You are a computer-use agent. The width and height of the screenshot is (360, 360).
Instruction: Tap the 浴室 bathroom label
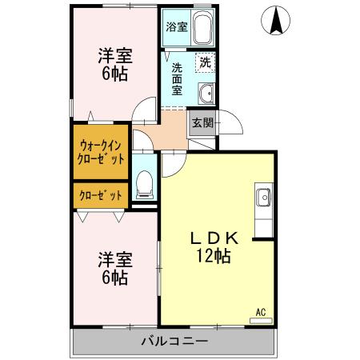click(x=176, y=26)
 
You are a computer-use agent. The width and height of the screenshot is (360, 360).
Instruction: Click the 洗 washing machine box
click(x=205, y=62)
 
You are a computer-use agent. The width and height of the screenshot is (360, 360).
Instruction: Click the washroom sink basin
click(x=205, y=92)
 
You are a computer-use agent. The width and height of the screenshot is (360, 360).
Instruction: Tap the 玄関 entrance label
click(x=200, y=122)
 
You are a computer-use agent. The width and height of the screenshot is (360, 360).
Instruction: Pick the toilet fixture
click(x=145, y=184)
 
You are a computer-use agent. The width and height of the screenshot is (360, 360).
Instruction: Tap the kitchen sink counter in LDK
click(x=263, y=205)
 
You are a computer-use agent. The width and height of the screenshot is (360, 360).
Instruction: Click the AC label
click(x=261, y=310)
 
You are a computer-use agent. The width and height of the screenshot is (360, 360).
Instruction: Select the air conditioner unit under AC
click(x=261, y=320)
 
